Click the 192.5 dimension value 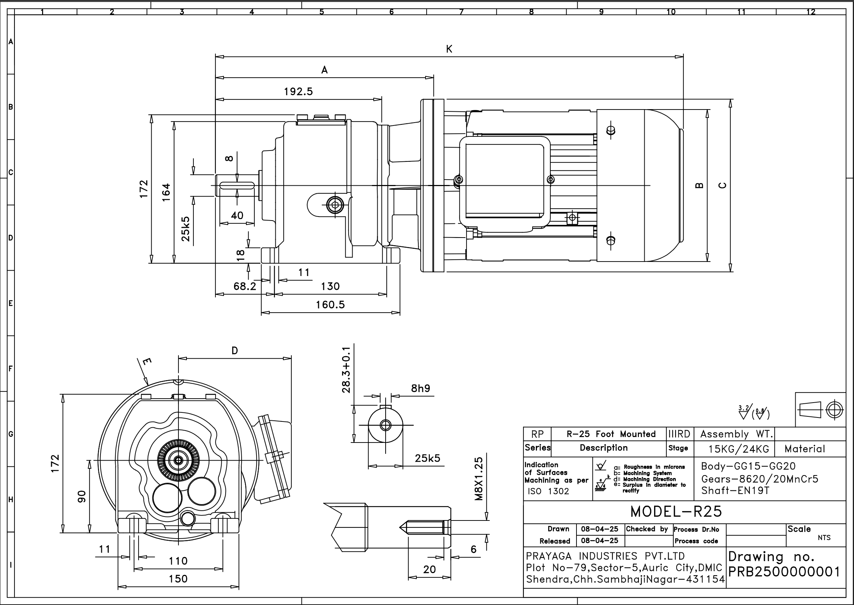tap(298, 92)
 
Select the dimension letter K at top tap(449, 49)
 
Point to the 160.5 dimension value tap(330, 305)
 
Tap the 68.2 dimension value tap(245, 287)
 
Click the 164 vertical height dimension tap(166, 192)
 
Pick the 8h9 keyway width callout tap(420, 388)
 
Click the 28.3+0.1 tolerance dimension tap(346, 369)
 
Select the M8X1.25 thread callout tap(479, 479)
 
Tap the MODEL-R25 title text tap(676, 512)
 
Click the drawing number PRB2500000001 tap(784, 572)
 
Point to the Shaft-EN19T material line tap(735, 491)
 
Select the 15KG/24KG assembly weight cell tap(739, 449)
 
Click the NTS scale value tap(824, 538)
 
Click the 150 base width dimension tap(178, 579)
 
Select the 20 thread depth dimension tap(429, 569)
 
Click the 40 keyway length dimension tap(237, 215)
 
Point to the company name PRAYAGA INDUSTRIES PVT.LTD tap(605, 556)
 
